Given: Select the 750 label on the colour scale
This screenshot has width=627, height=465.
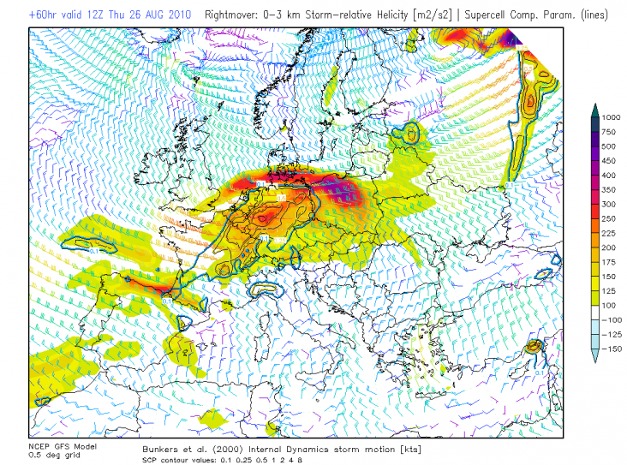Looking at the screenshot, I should (608, 133).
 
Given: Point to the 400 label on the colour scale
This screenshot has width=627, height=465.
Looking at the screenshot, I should (608, 175).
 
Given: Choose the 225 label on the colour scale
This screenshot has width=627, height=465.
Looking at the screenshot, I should (608, 232).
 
